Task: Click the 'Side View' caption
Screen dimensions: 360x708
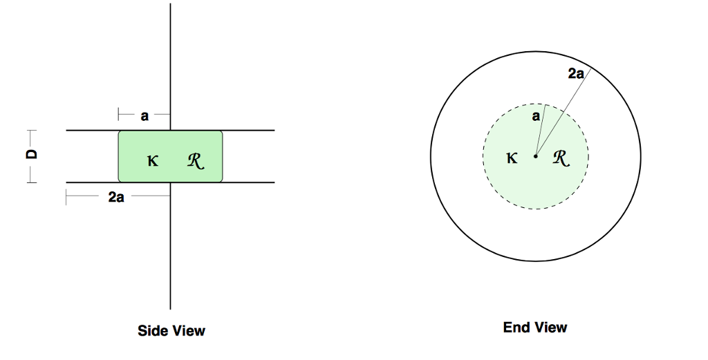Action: click(x=171, y=331)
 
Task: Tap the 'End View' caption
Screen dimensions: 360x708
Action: click(x=535, y=327)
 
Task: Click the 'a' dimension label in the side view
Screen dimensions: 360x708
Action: click(x=145, y=116)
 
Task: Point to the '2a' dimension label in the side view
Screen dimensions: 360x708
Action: click(x=116, y=198)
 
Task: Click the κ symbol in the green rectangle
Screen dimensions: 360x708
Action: click(x=153, y=162)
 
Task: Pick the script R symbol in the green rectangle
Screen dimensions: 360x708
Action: click(x=196, y=162)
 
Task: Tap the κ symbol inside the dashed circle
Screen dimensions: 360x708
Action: click(x=512, y=158)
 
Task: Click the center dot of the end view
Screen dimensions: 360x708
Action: click(x=535, y=156)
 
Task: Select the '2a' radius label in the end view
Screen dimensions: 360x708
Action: click(x=576, y=74)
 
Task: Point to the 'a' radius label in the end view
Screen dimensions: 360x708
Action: click(x=536, y=117)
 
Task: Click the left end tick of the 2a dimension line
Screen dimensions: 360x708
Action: click(x=66, y=198)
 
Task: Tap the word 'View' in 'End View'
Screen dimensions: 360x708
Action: click(x=550, y=327)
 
